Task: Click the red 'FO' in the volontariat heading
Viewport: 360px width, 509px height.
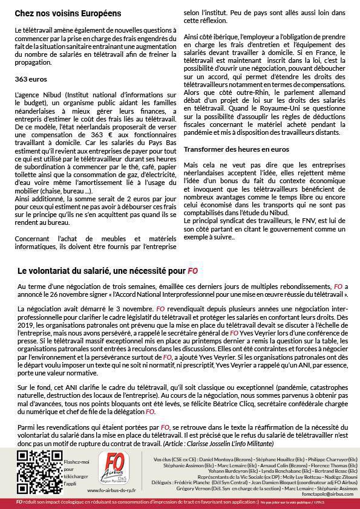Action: point(192,271)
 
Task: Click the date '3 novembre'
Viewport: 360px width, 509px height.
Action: point(123,308)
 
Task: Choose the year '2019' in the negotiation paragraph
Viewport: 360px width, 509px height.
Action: point(27,324)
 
